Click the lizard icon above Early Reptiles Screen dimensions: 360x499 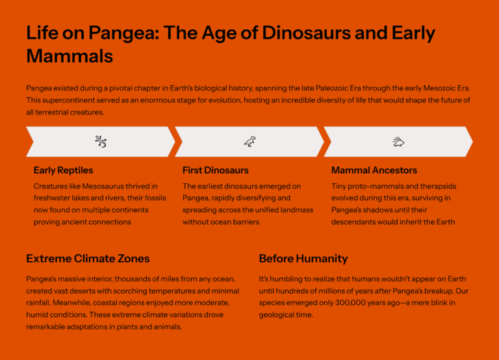(x=100, y=141)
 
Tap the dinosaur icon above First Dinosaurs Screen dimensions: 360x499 (x=249, y=141)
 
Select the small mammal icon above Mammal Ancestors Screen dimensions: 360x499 (x=398, y=141)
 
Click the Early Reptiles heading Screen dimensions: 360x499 (x=63, y=170)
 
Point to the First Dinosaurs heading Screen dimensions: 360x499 (x=215, y=170)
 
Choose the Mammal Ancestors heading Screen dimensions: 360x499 (x=374, y=170)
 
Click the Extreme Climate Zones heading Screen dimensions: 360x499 (x=88, y=259)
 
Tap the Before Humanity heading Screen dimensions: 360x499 (x=303, y=259)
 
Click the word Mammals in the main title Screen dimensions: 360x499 (x=70, y=56)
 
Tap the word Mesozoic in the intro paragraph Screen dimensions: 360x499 (x=431, y=88)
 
